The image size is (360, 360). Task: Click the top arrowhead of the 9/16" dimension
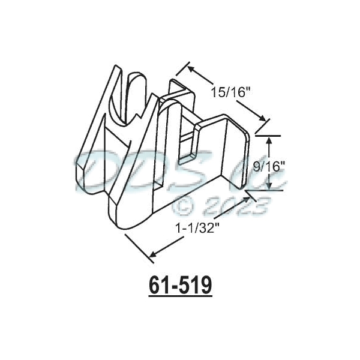click(269, 140)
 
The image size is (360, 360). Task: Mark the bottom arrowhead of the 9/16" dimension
click(269, 187)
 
